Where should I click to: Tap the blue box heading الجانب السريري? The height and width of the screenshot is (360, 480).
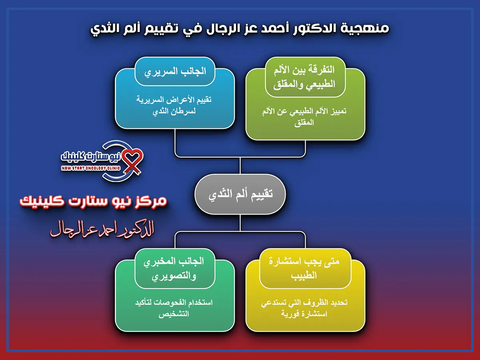[x=175, y=71]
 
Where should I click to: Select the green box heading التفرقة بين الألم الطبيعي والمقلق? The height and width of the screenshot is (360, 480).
[x=305, y=77]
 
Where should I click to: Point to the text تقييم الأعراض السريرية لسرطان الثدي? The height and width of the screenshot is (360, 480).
[x=175, y=106]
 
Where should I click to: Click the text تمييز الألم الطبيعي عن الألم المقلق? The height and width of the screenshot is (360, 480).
[x=305, y=117]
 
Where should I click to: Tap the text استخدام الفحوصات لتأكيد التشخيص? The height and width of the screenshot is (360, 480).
[x=175, y=308]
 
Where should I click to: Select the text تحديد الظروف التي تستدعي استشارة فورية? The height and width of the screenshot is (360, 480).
[x=305, y=308]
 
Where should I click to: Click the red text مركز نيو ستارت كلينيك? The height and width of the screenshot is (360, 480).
[x=94, y=201]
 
